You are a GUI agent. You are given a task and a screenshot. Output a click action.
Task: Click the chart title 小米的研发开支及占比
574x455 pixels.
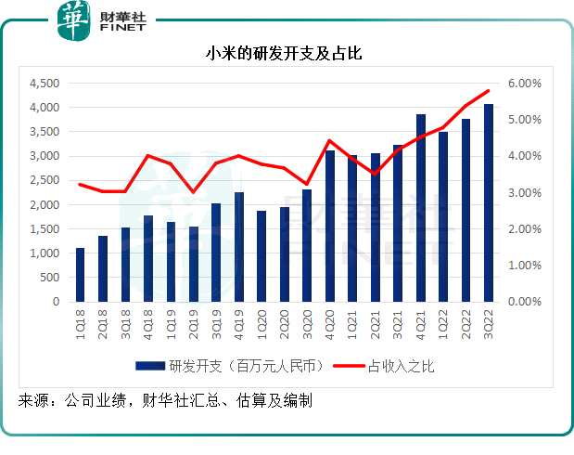(x=284, y=54)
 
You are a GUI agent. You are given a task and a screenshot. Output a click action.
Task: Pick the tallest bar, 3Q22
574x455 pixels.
(x=489, y=202)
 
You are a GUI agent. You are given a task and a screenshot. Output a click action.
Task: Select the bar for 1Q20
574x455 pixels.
(x=261, y=256)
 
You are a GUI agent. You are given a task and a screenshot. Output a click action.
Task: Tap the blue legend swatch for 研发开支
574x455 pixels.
(x=148, y=366)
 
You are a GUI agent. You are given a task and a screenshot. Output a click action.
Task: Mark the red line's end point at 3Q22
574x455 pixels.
(x=489, y=90)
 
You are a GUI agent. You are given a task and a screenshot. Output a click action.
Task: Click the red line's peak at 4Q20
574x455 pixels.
(x=329, y=140)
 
